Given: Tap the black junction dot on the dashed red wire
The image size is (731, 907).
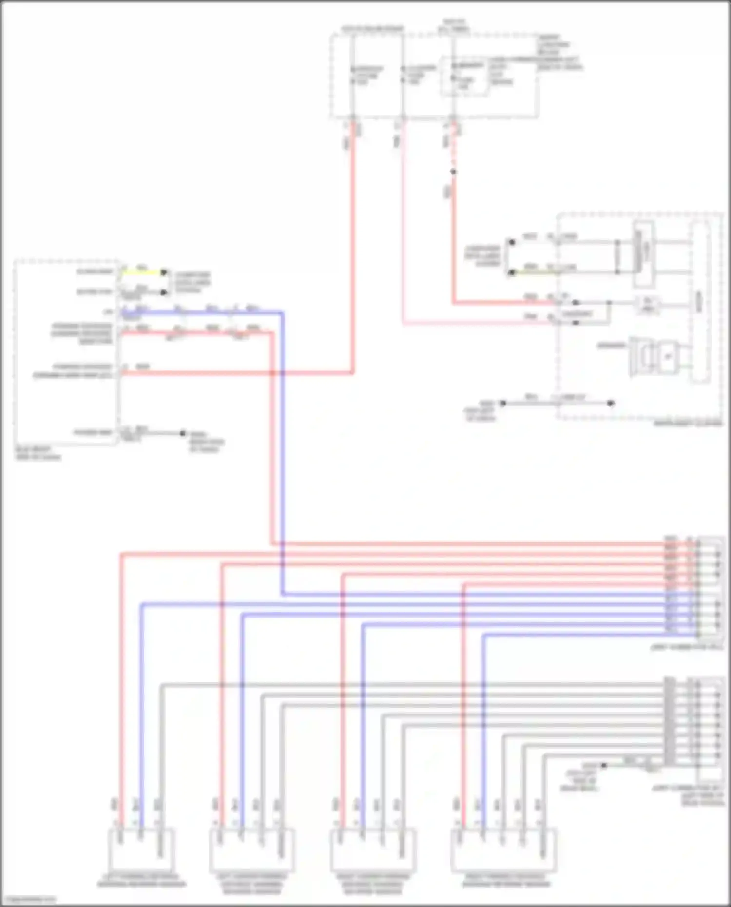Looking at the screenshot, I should [453, 172].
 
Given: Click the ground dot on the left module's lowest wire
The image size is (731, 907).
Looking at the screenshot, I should [183, 433].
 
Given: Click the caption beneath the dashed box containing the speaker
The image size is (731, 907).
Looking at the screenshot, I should [688, 424].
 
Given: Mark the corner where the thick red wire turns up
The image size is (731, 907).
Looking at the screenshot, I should [353, 373].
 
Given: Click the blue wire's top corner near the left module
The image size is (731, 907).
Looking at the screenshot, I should [282, 312].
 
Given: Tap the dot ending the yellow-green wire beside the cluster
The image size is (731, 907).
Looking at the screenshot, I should [511, 272].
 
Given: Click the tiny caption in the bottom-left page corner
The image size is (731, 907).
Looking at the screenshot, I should [28, 899].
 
